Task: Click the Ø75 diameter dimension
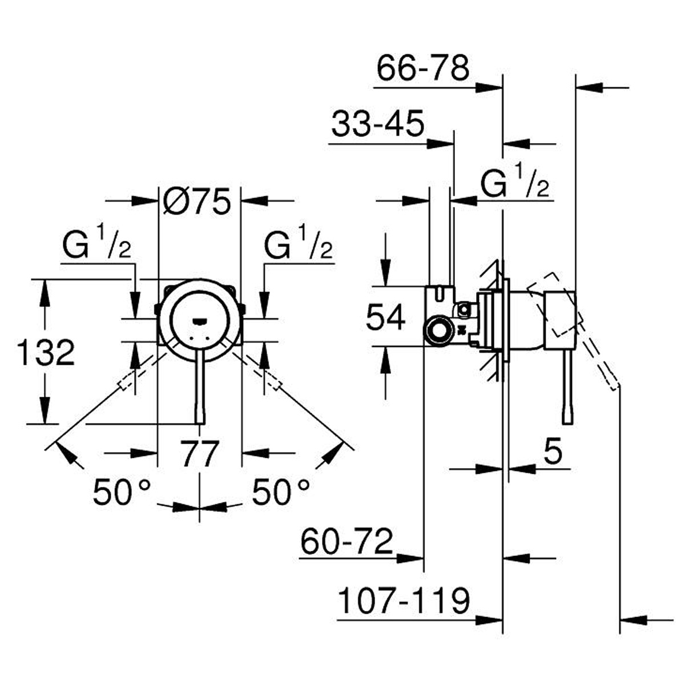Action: click(x=197, y=201)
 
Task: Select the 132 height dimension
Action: click(x=46, y=352)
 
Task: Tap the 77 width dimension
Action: click(x=200, y=454)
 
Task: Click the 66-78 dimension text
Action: click(x=423, y=68)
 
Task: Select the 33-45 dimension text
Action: click(x=378, y=124)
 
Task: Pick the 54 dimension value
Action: click(x=386, y=317)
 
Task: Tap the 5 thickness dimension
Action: click(x=553, y=453)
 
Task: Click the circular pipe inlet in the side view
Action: click(x=438, y=330)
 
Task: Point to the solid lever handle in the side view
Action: click(x=567, y=388)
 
